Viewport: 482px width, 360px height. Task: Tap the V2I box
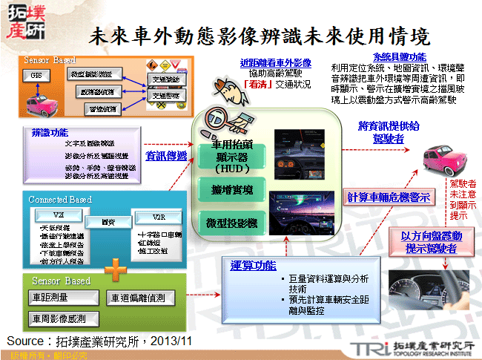(56, 214)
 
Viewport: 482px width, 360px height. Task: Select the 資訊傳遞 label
(166, 156)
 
